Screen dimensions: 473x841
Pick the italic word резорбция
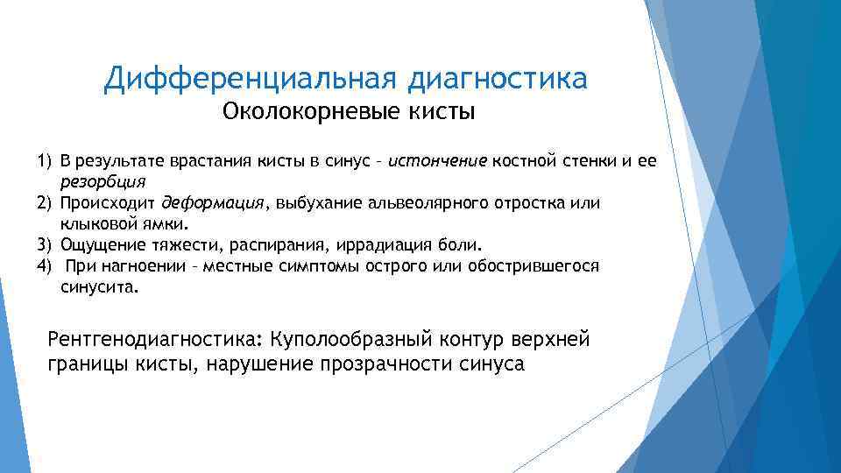pyautogui.click(x=102, y=182)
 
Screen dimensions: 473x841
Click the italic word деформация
pyautogui.click(x=213, y=203)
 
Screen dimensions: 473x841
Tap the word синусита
pyautogui.click(x=99, y=286)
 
